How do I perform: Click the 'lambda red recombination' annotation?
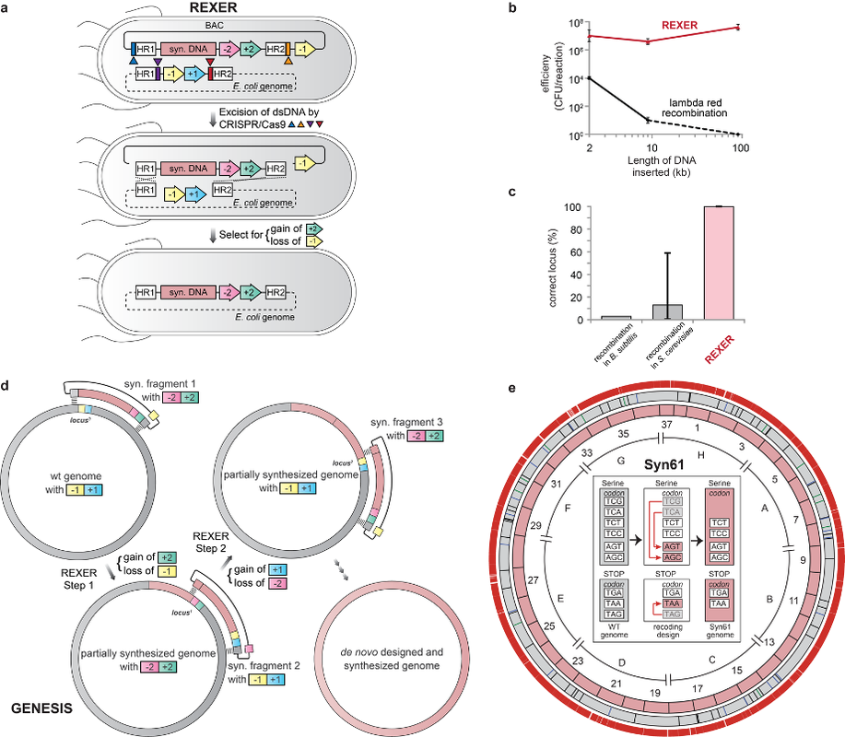pos(699,105)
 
